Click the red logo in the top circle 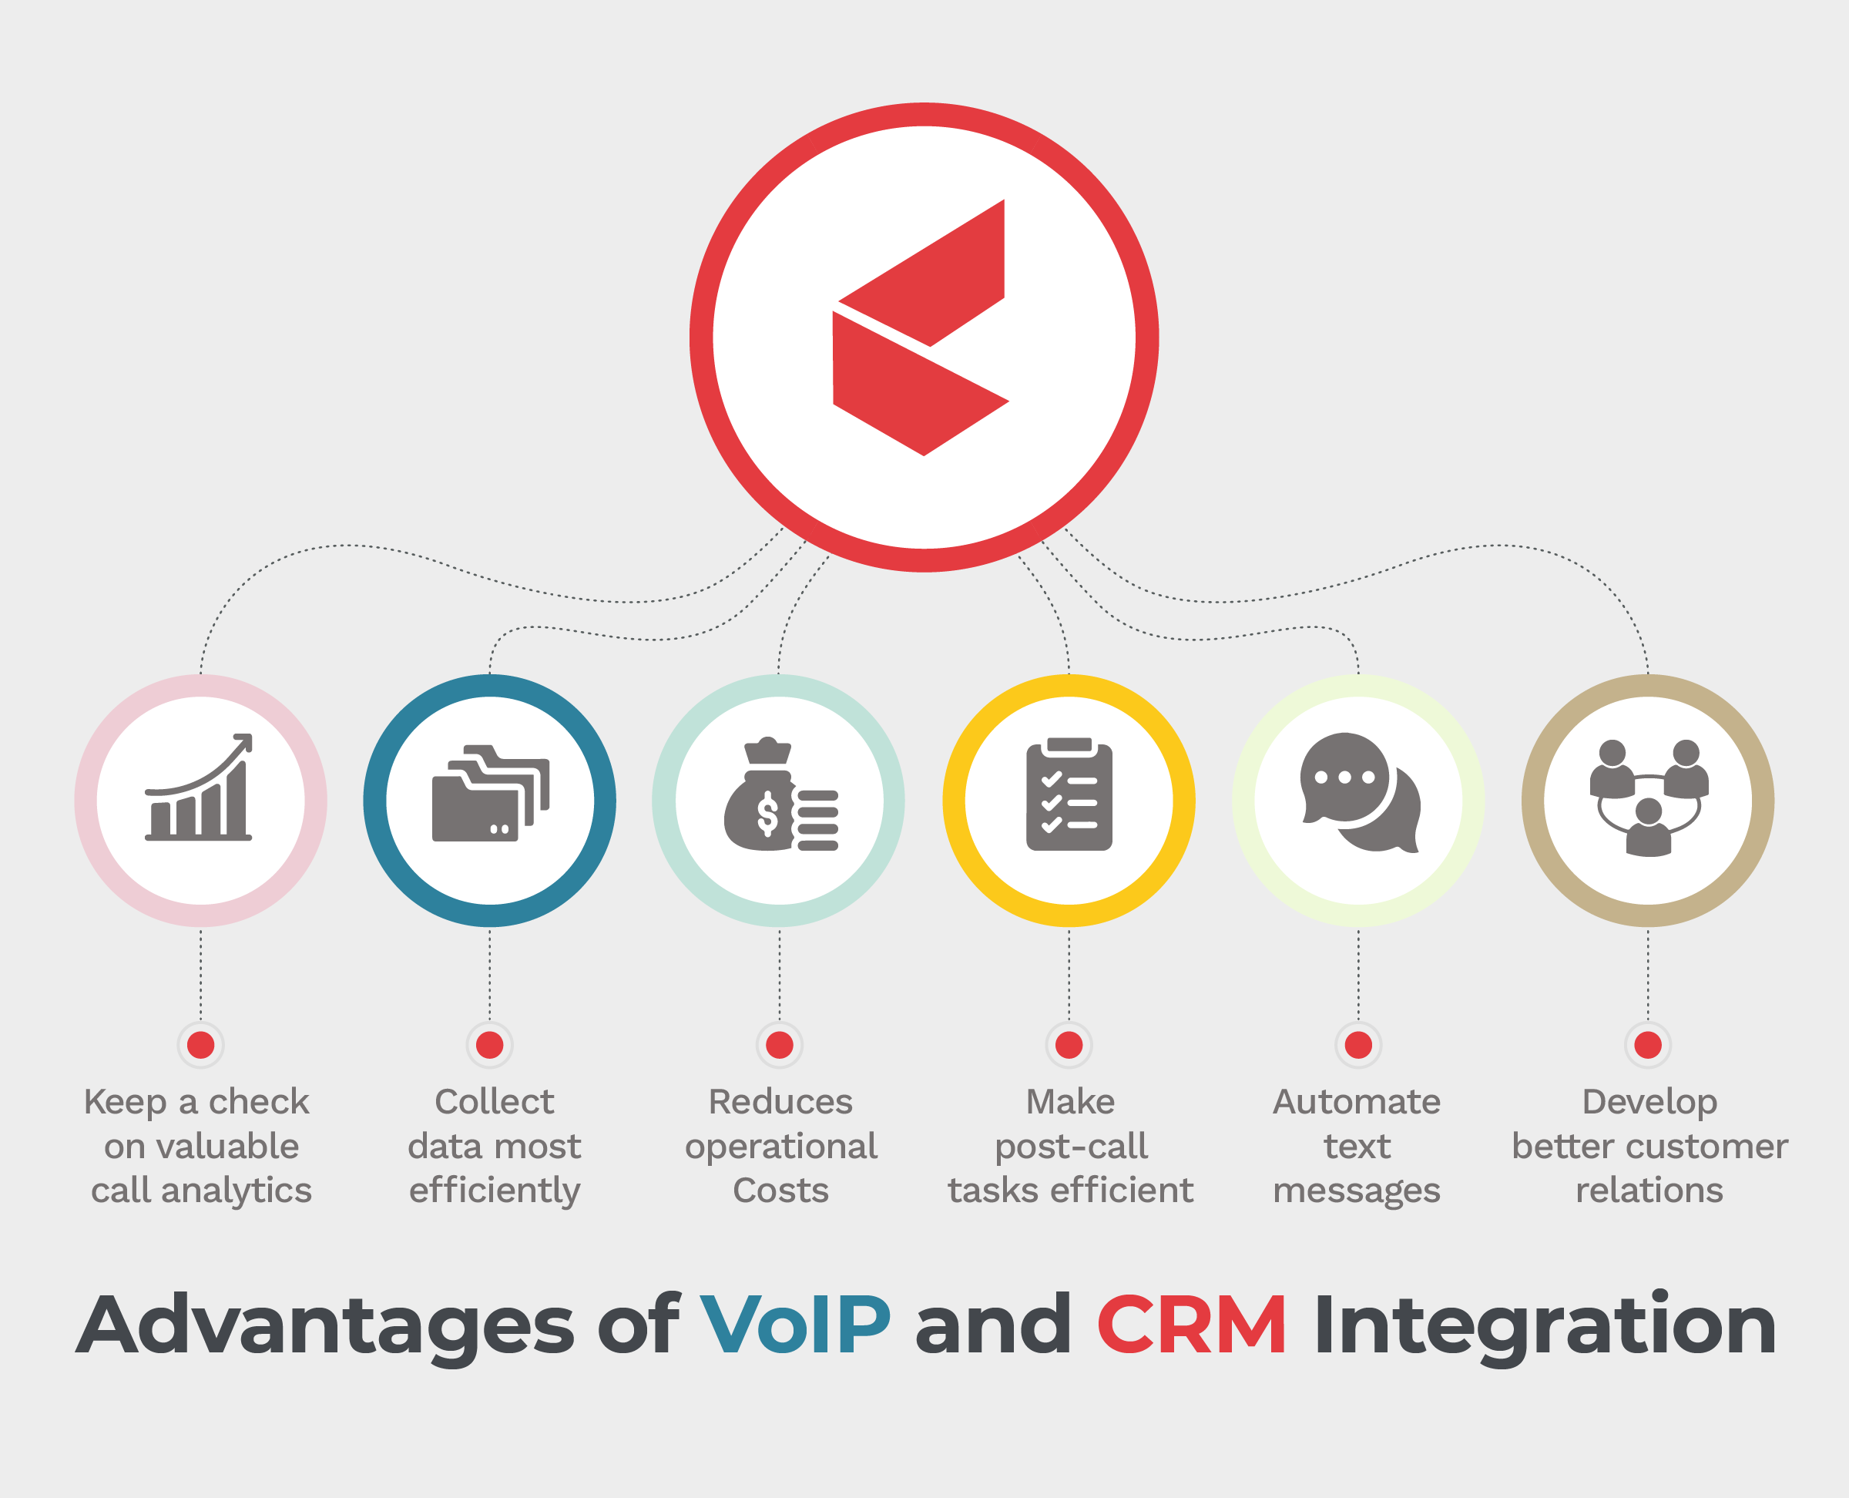pyautogui.click(x=921, y=328)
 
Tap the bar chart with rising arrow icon pyautogui.click(x=200, y=787)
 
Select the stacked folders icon pyautogui.click(x=490, y=793)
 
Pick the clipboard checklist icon pyautogui.click(x=1069, y=794)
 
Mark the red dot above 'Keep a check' pyautogui.click(x=201, y=1045)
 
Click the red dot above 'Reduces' pyautogui.click(x=780, y=1045)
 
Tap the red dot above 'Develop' pyautogui.click(x=1648, y=1045)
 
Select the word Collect pyautogui.click(x=495, y=1102)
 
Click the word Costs pyautogui.click(x=781, y=1191)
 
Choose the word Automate pyautogui.click(x=1357, y=1102)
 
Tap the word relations pyautogui.click(x=1649, y=1191)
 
